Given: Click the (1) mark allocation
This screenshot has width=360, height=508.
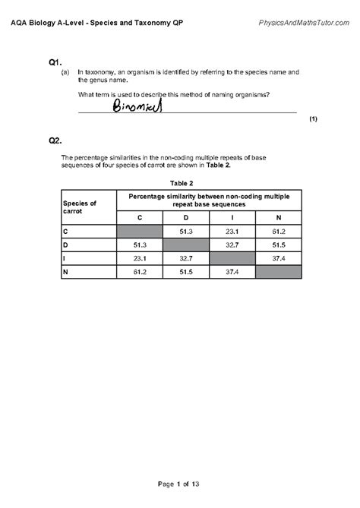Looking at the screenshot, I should coord(313,120).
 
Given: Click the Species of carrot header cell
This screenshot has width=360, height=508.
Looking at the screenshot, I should coord(80,207).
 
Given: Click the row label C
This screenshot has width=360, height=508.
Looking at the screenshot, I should coord(66,232).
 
